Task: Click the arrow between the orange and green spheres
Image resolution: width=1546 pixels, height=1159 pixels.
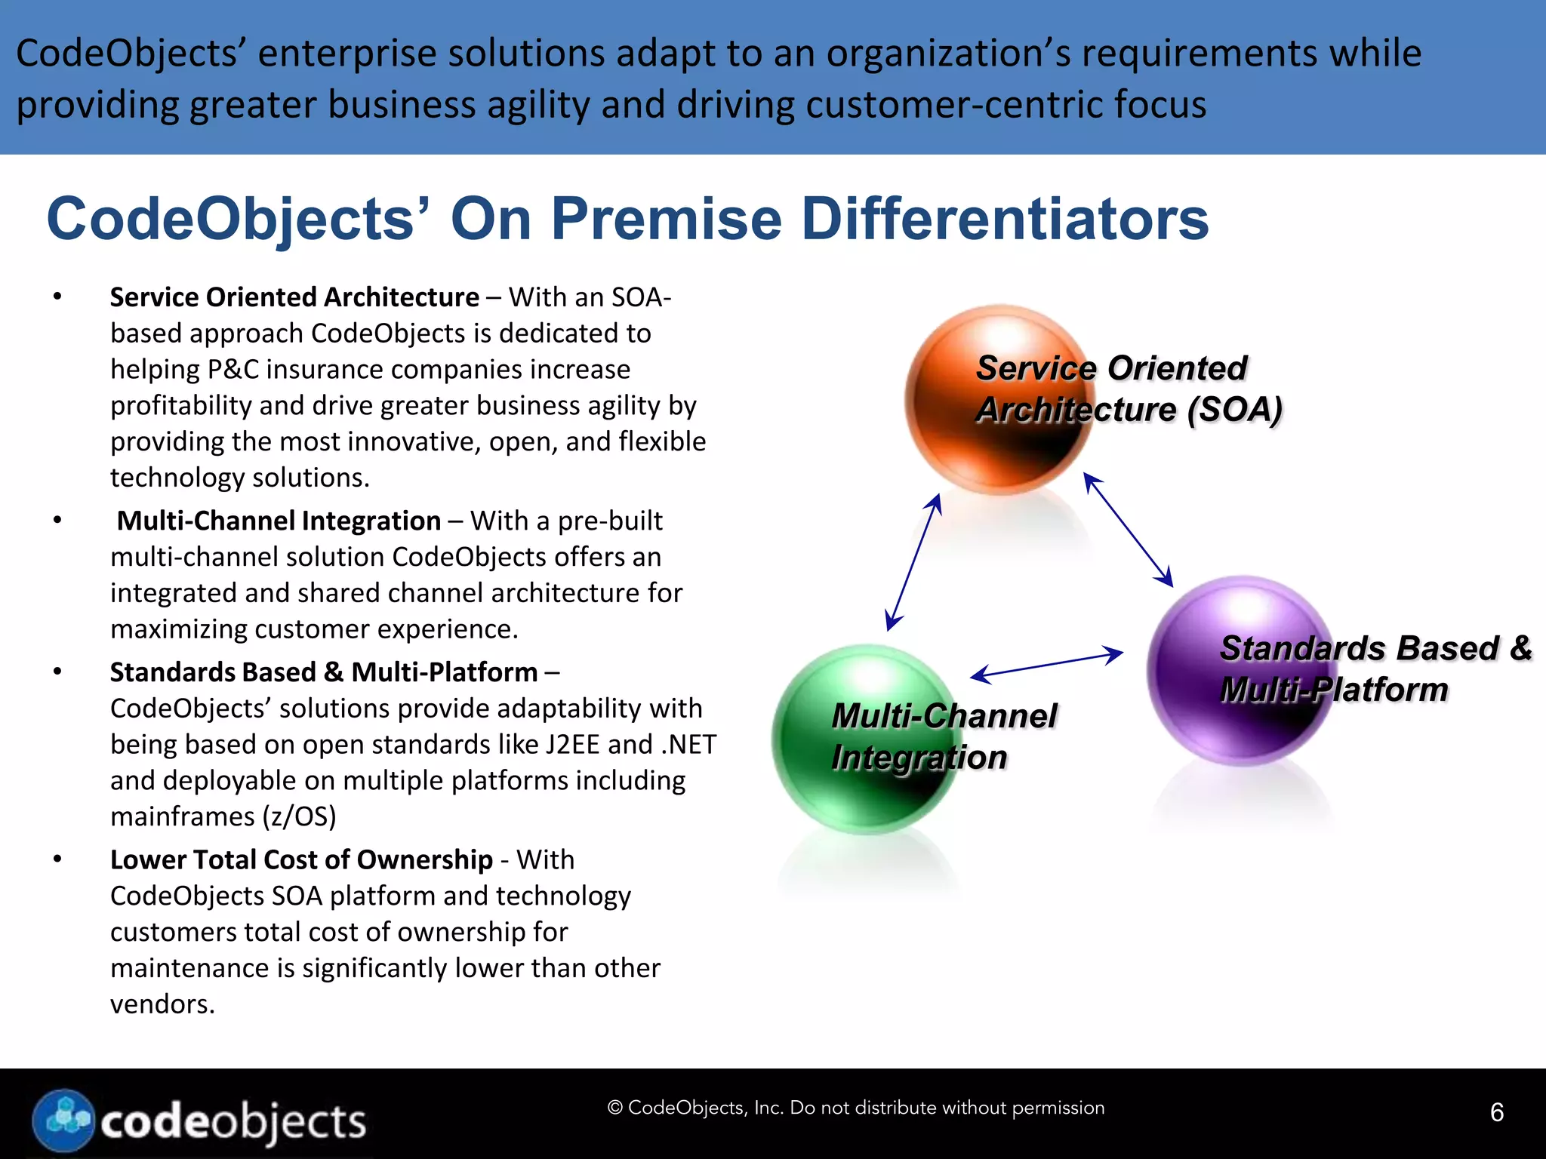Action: click(x=913, y=562)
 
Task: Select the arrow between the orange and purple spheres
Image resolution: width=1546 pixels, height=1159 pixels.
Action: click(x=1128, y=529)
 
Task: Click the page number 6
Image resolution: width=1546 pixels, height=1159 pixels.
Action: click(x=1496, y=1112)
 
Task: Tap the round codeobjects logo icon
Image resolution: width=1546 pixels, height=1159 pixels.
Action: click(x=64, y=1120)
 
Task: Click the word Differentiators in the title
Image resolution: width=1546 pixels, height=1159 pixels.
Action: click(x=1004, y=219)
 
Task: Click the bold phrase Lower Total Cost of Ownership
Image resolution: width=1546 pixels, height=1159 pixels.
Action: click(x=301, y=859)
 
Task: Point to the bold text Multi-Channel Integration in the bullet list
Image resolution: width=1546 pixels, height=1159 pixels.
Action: click(x=279, y=521)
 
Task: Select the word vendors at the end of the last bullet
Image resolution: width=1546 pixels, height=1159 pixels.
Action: click(x=162, y=1004)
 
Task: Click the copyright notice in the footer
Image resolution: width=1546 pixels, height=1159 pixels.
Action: click(x=856, y=1108)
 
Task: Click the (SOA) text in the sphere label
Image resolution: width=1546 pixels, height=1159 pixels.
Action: click(x=1235, y=410)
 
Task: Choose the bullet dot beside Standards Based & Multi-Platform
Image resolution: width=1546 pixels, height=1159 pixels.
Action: click(x=57, y=672)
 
